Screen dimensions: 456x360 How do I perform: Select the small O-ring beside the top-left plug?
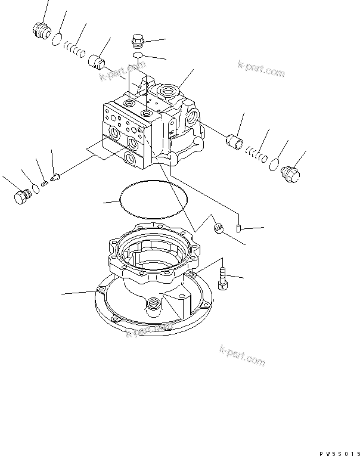[57, 40]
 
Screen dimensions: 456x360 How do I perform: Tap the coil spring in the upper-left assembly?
[74, 49]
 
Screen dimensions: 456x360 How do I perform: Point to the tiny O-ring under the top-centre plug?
[138, 55]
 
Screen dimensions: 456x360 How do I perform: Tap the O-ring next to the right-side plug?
[274, 165]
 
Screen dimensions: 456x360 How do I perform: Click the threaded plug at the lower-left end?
[22, 197]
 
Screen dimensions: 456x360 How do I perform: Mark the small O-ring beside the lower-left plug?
[35, 189]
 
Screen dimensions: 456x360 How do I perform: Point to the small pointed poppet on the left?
[55, 177]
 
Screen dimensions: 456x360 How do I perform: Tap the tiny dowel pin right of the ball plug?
[238, 228]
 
